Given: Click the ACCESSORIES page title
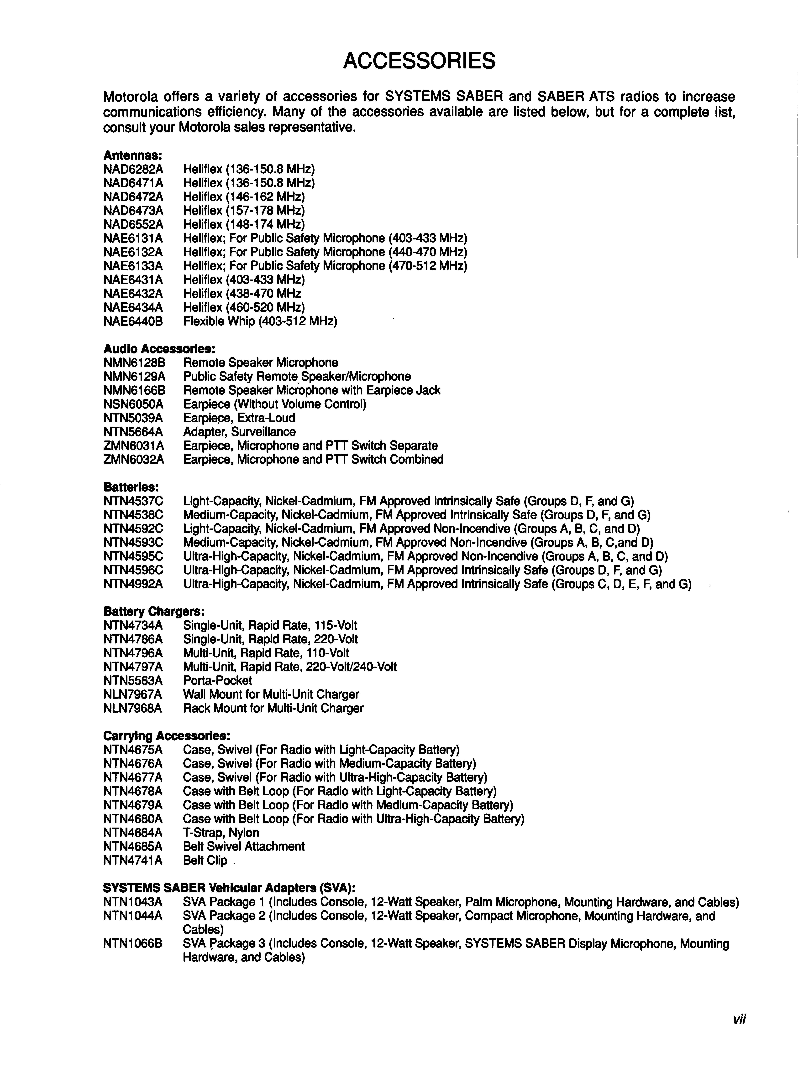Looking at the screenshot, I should (x=419, y=61).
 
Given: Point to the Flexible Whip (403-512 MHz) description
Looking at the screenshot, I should (x=260, y=321).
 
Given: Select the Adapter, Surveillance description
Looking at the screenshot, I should (x=239, y=432).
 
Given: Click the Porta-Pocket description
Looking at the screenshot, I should (x=218, y=681).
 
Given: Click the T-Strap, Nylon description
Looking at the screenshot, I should (x=221, y=833).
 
